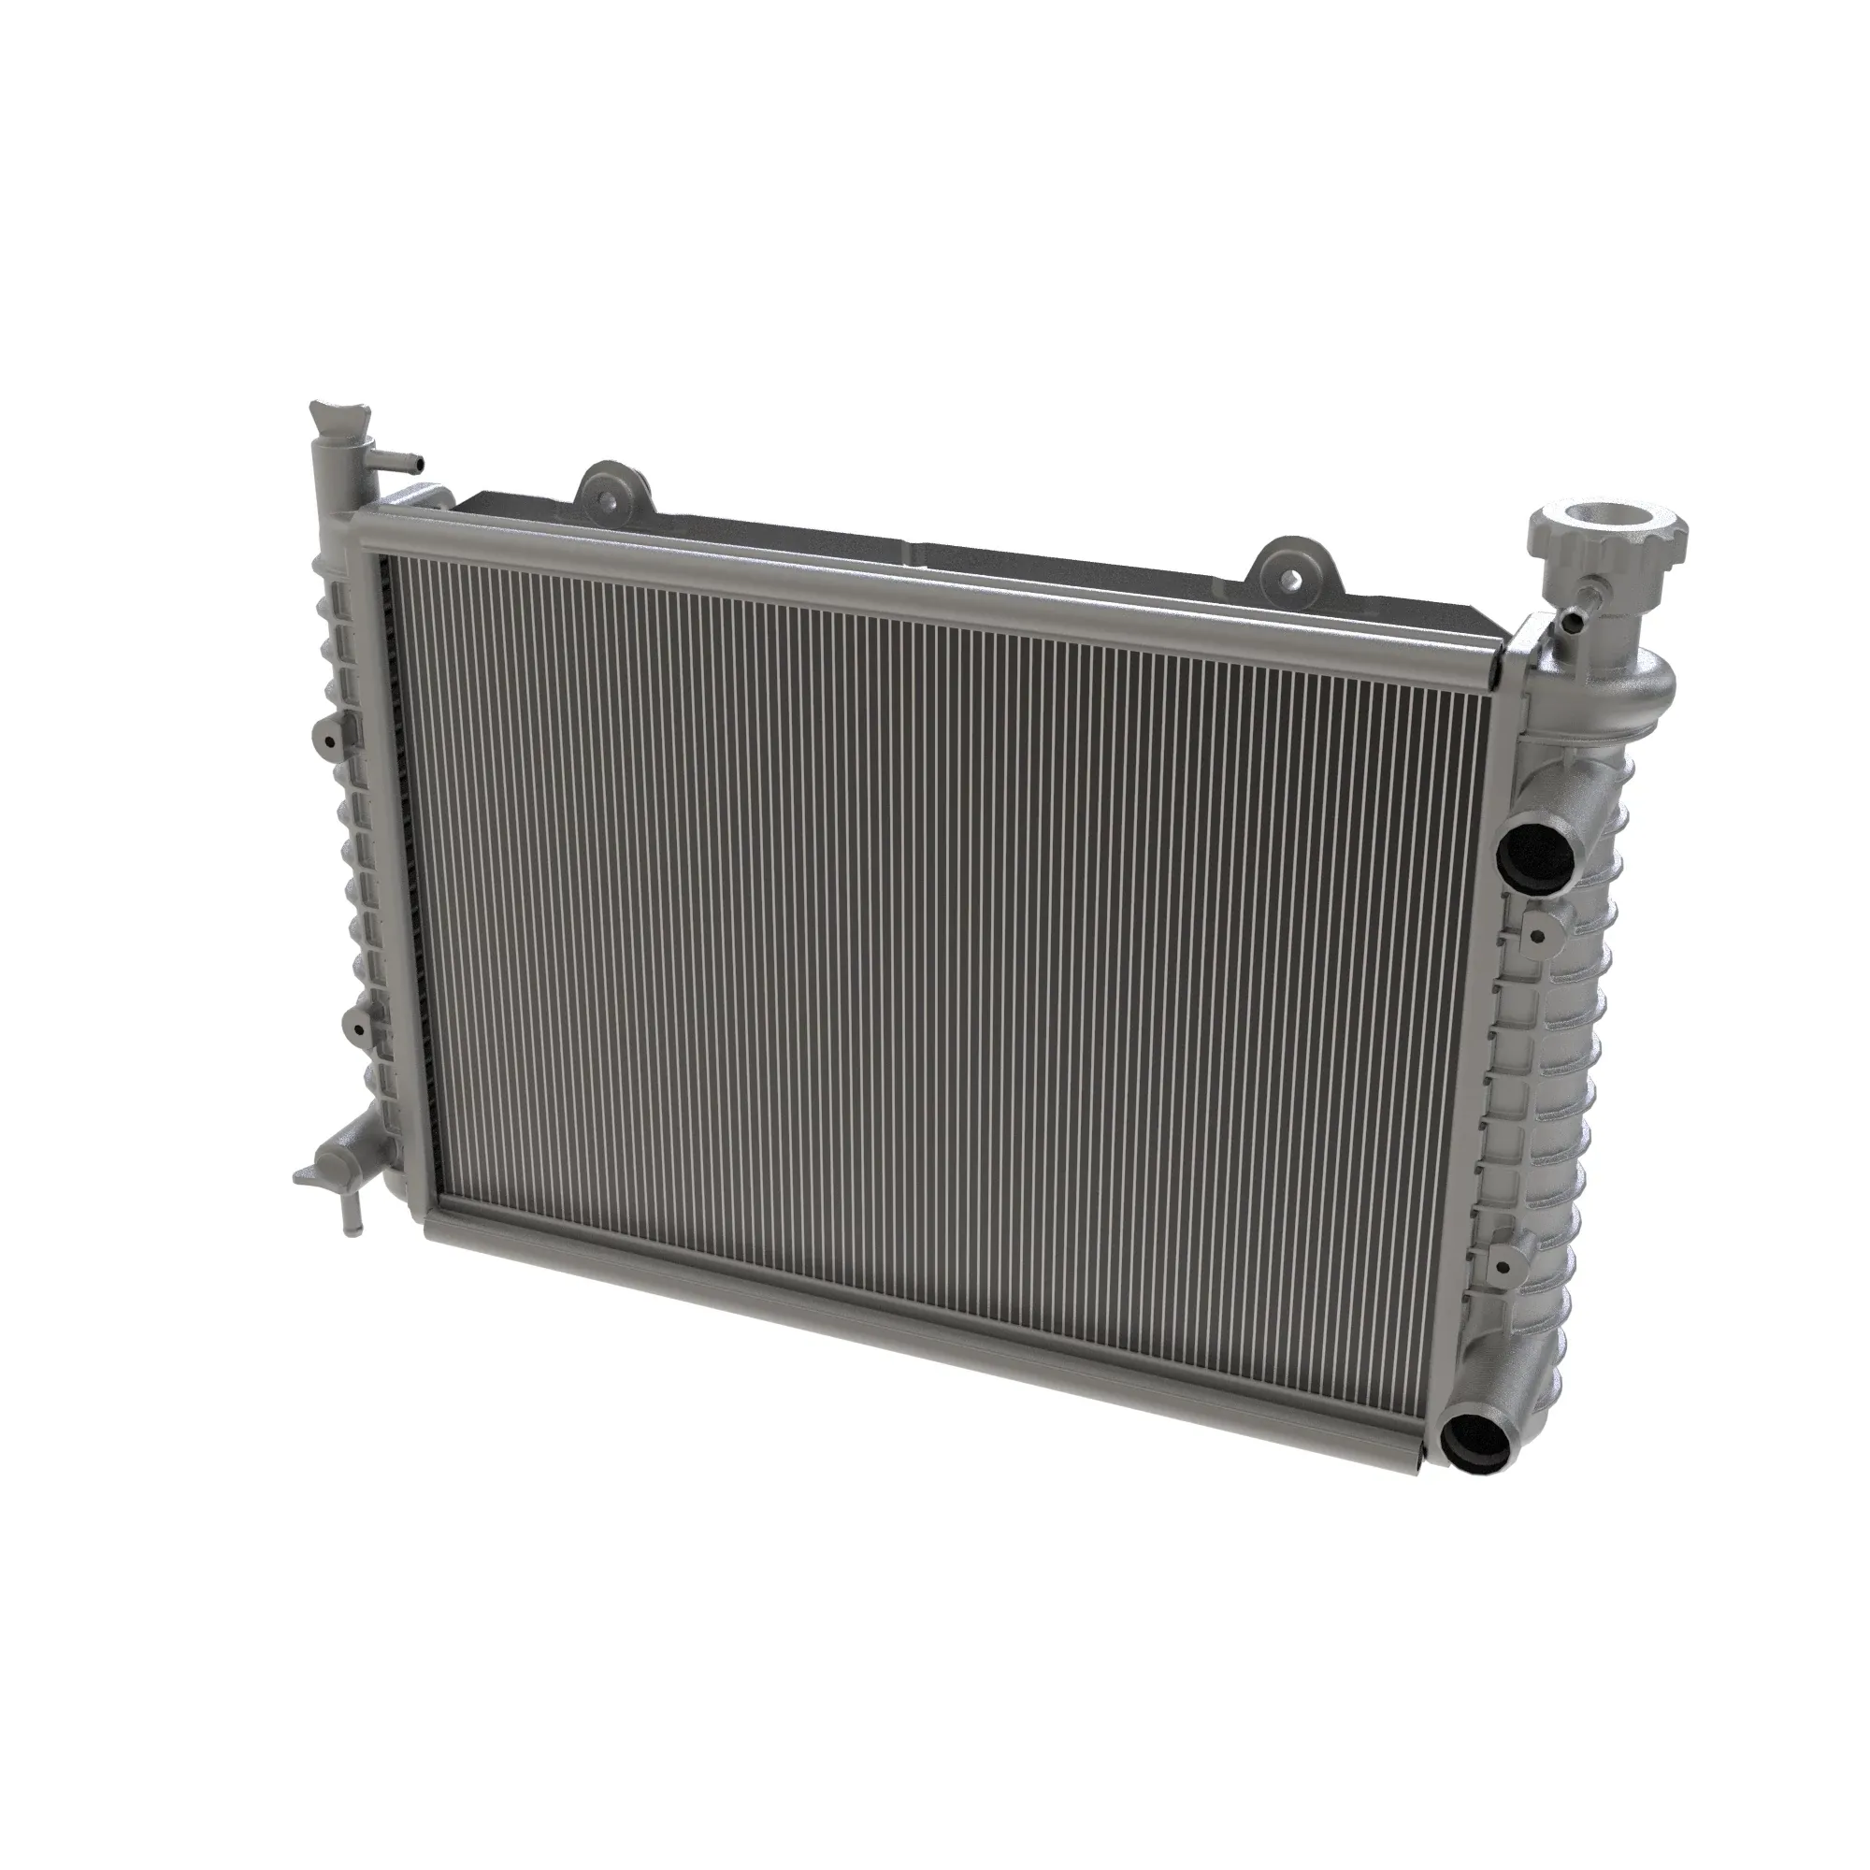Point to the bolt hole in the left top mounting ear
(608, 501)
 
